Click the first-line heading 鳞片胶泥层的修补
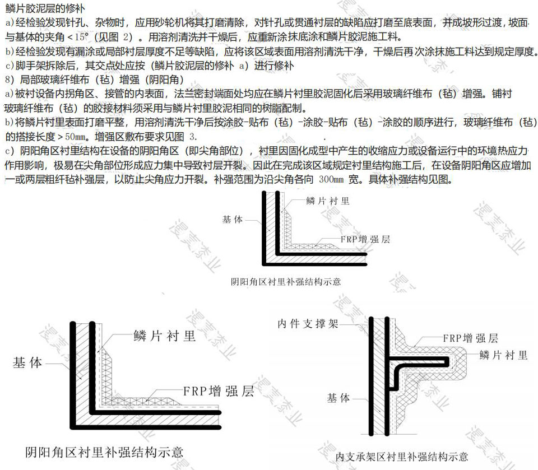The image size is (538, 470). (x=45, y=8)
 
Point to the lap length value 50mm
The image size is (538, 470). (x=75, y=137)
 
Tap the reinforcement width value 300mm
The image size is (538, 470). (x=331, y=179)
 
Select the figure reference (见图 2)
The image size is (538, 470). (x=113, y=37)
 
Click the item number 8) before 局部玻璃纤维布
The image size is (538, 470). (x=10, y=80)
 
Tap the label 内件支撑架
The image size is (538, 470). (x=308, y=324)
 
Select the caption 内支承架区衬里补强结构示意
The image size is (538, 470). (x=402, y=457)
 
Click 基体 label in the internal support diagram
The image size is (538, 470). (x=338, y=398)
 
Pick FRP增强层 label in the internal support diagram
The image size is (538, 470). (x=470, y=338)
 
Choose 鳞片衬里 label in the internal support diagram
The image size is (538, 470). (x=503, y=355)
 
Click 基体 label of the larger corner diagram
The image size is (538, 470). (x=27, y=362)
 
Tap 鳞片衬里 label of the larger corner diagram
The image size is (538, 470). (x=165, y=336)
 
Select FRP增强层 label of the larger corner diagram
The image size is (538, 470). (x=219, y=391)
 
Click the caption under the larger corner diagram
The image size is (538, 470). (x=104, y=452)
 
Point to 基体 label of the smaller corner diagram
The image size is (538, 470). (x=233, y=219)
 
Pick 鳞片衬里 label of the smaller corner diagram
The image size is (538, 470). (x=328, y=201)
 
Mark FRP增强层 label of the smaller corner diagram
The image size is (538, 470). (x=365, y=239)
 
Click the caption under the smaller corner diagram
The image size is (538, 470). (x=286, y=282)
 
